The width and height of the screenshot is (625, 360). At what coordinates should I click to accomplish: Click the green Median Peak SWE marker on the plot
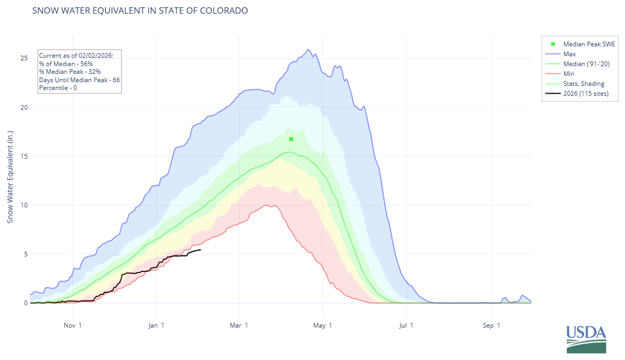click(291, 139)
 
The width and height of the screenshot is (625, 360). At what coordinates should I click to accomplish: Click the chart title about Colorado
click(140, 10)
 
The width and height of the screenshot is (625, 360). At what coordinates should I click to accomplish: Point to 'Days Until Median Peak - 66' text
click(79, 80)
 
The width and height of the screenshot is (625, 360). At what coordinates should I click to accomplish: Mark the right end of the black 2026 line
click(201, 250)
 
